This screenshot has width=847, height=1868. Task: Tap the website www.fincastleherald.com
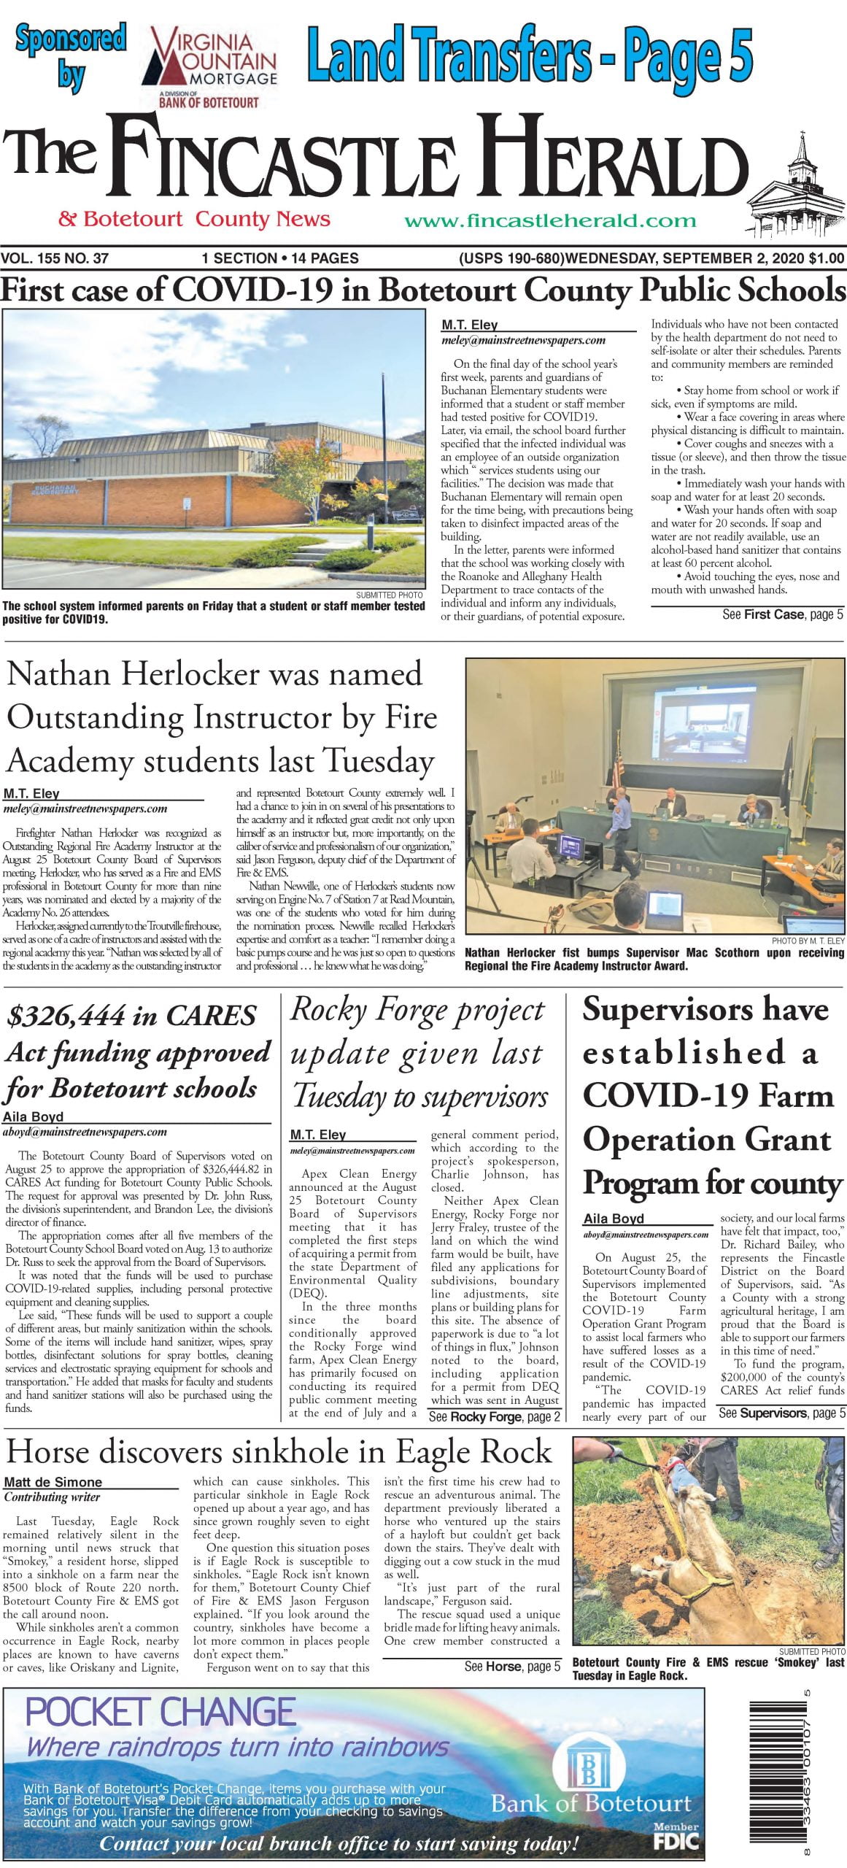(550, 220)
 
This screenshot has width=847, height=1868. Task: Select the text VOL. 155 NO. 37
(55, 258)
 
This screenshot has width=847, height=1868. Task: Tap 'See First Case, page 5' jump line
(782, 614)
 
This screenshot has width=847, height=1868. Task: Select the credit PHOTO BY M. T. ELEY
(808, 941)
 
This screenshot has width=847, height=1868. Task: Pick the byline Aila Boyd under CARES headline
(33, 1116)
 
